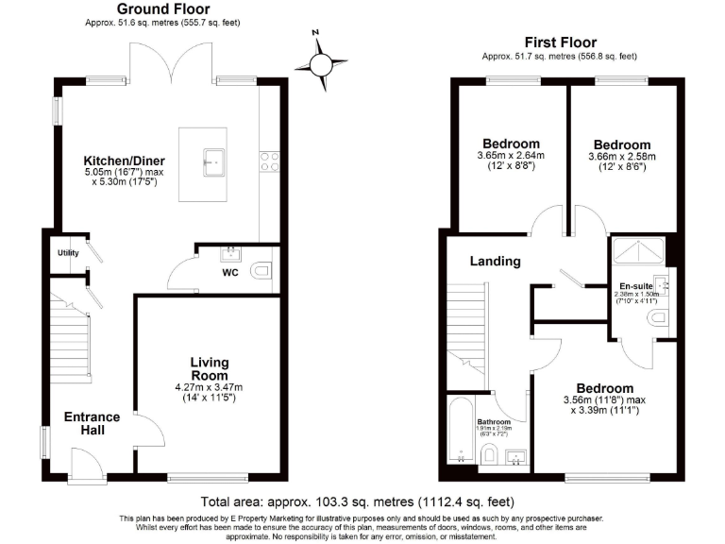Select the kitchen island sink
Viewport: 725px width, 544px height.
[212, 161]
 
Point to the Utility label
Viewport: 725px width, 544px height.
[67, 253]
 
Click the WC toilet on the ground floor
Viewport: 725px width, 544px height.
[261, 272]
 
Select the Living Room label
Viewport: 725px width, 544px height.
[210, 369]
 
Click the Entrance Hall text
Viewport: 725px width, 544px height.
[92, 423]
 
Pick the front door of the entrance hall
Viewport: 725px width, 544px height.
[87, 465]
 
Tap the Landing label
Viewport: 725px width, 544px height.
[495, 262]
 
